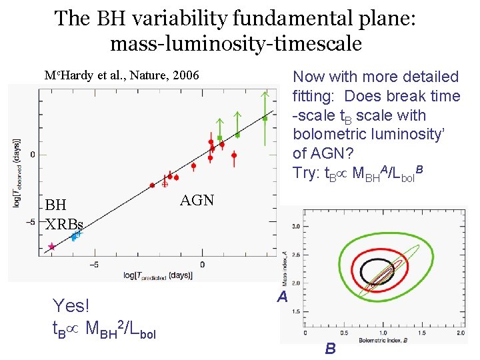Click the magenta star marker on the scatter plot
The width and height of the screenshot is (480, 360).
tap(52, 247)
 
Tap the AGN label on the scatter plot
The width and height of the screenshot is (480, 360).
tap(197, 200)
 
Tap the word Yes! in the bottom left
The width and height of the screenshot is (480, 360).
tap(71, 305)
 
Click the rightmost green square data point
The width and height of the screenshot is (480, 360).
tap(265, 119)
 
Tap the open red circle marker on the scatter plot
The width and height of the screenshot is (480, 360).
tap(165, 184)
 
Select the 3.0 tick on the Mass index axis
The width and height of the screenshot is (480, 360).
tap(295, 227)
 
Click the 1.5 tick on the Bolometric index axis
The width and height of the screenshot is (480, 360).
tap(421, 333)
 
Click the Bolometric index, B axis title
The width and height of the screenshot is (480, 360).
tap(383, 340)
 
